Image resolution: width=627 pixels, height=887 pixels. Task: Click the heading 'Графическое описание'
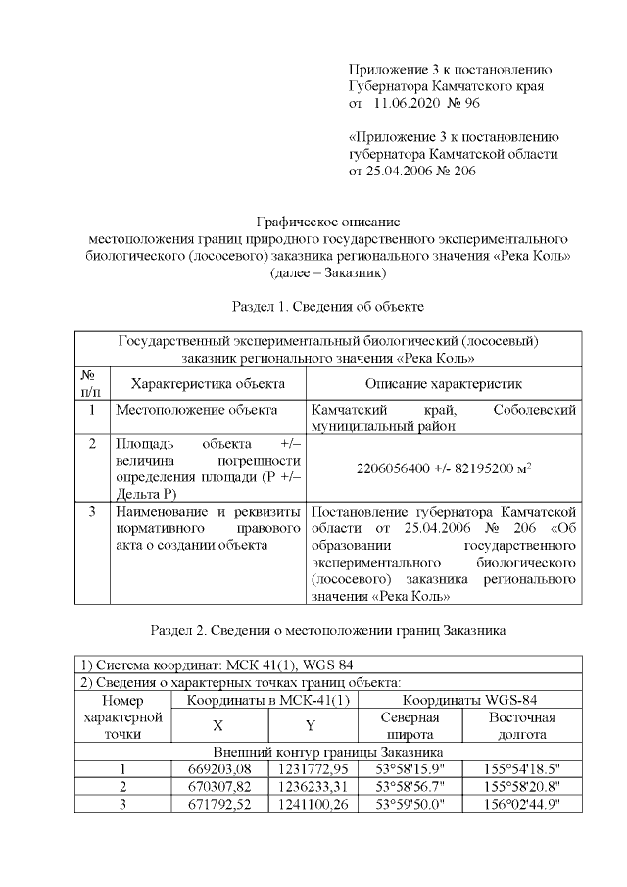point(328,222)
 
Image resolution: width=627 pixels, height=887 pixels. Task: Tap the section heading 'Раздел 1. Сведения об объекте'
point(328,307)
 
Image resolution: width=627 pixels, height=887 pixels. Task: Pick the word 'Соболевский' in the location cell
point(536,410)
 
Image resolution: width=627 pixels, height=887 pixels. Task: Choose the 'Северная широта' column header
point(410,726)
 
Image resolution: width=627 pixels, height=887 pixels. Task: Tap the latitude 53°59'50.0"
point(410,804)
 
